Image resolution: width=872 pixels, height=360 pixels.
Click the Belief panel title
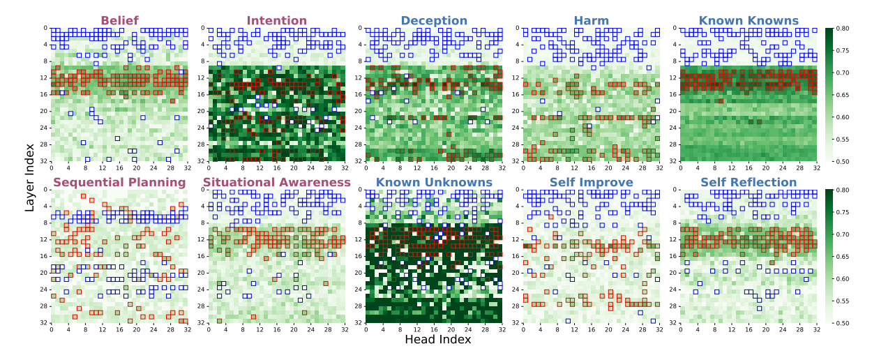point(119,20)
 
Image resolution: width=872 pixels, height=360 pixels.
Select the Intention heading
point(276,20)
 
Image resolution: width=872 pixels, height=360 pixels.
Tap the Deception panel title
point(434,20)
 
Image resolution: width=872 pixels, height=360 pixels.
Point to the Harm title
point(591,20)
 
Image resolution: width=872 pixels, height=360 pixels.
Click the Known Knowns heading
point(749,20)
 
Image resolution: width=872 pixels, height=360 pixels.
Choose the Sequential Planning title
point(119,182)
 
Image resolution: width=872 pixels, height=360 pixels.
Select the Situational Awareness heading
point(276,182)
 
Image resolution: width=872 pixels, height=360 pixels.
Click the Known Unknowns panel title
point(434,182)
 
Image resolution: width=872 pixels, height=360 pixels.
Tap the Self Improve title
point(591,182)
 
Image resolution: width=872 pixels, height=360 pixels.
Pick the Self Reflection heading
point(749,182)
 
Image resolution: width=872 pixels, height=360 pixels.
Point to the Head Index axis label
point(437,340)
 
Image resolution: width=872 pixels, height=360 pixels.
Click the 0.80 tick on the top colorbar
point(844,29)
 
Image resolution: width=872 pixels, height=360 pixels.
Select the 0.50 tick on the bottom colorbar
point(844,323)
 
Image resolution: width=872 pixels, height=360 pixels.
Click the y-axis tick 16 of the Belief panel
point(43,94)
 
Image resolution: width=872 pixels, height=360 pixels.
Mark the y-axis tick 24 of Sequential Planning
point(43,290)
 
